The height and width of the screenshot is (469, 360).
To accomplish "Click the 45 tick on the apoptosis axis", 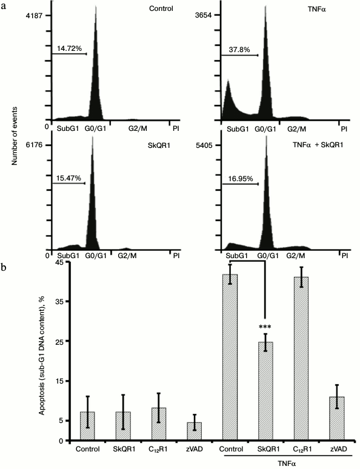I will tap(59, 262).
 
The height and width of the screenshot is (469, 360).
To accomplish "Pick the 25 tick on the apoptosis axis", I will tap(59, 341).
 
